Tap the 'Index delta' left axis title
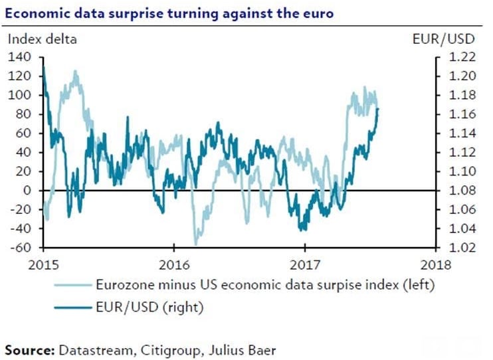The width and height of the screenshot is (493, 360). pyautogui.click(x=42, y=39)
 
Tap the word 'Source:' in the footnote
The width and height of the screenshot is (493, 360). pyautogui.click(x=31, y=348)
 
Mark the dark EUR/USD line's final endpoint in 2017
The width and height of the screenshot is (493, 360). pyautogui.click(x=378, y=108)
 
